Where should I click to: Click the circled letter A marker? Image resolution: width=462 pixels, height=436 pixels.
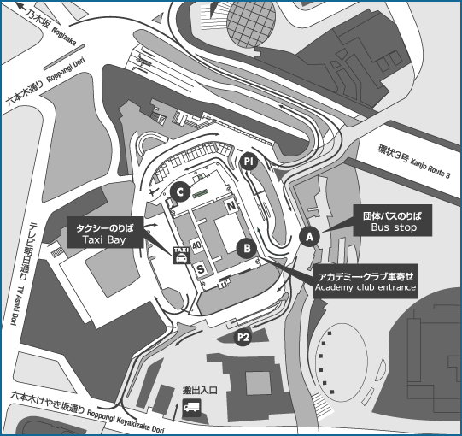pyautogui.click(x=309, y=237)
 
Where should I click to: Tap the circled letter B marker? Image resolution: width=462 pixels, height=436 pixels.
pyautogui.click(x=247, y=248)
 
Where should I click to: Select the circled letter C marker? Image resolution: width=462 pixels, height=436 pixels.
pyautogui.click(x=180, y=192)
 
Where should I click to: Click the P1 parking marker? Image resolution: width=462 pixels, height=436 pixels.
pyautogui.click(x=249, y=162)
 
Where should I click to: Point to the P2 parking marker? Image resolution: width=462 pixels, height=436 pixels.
pyautogui.click(x=243, y=337)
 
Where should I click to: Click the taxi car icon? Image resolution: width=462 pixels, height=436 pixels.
pyautogui.click(x=181, y=255)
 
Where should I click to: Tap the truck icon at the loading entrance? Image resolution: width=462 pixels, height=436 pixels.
pyautogui.click(x=191, y=408)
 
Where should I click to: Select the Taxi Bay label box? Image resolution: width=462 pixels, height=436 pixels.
pyautogui.click(x=105, y=233)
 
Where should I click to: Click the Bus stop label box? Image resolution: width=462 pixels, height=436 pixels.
pyautogui.click(x=393, y=221)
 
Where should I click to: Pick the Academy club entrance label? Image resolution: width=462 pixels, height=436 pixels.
pyautogui.click(x=366, y=281)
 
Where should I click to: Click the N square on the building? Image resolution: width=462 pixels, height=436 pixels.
pyautogui.click(x=231, y=206)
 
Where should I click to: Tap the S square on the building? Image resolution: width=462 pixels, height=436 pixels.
pyautogui.click(x=201, y=269)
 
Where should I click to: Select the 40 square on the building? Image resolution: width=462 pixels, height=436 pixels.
pyautogui.click(x=196, y=245)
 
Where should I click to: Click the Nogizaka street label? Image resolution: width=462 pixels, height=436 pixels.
pyautogui.click(x=64, y=37)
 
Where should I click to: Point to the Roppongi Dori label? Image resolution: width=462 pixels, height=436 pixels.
pyautogui.click(x=66, y=70)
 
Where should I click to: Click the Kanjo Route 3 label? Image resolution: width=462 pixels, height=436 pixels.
pyautogui.click(x=430, y=168)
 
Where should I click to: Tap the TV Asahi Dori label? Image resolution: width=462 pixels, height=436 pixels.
pyautogui.click(x=15, y=305)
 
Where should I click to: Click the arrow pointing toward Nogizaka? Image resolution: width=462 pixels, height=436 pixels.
pyautogui.click(x=22, y=7)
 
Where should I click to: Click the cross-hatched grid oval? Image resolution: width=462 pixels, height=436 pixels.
pyautogui.click(x=251, y=24)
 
